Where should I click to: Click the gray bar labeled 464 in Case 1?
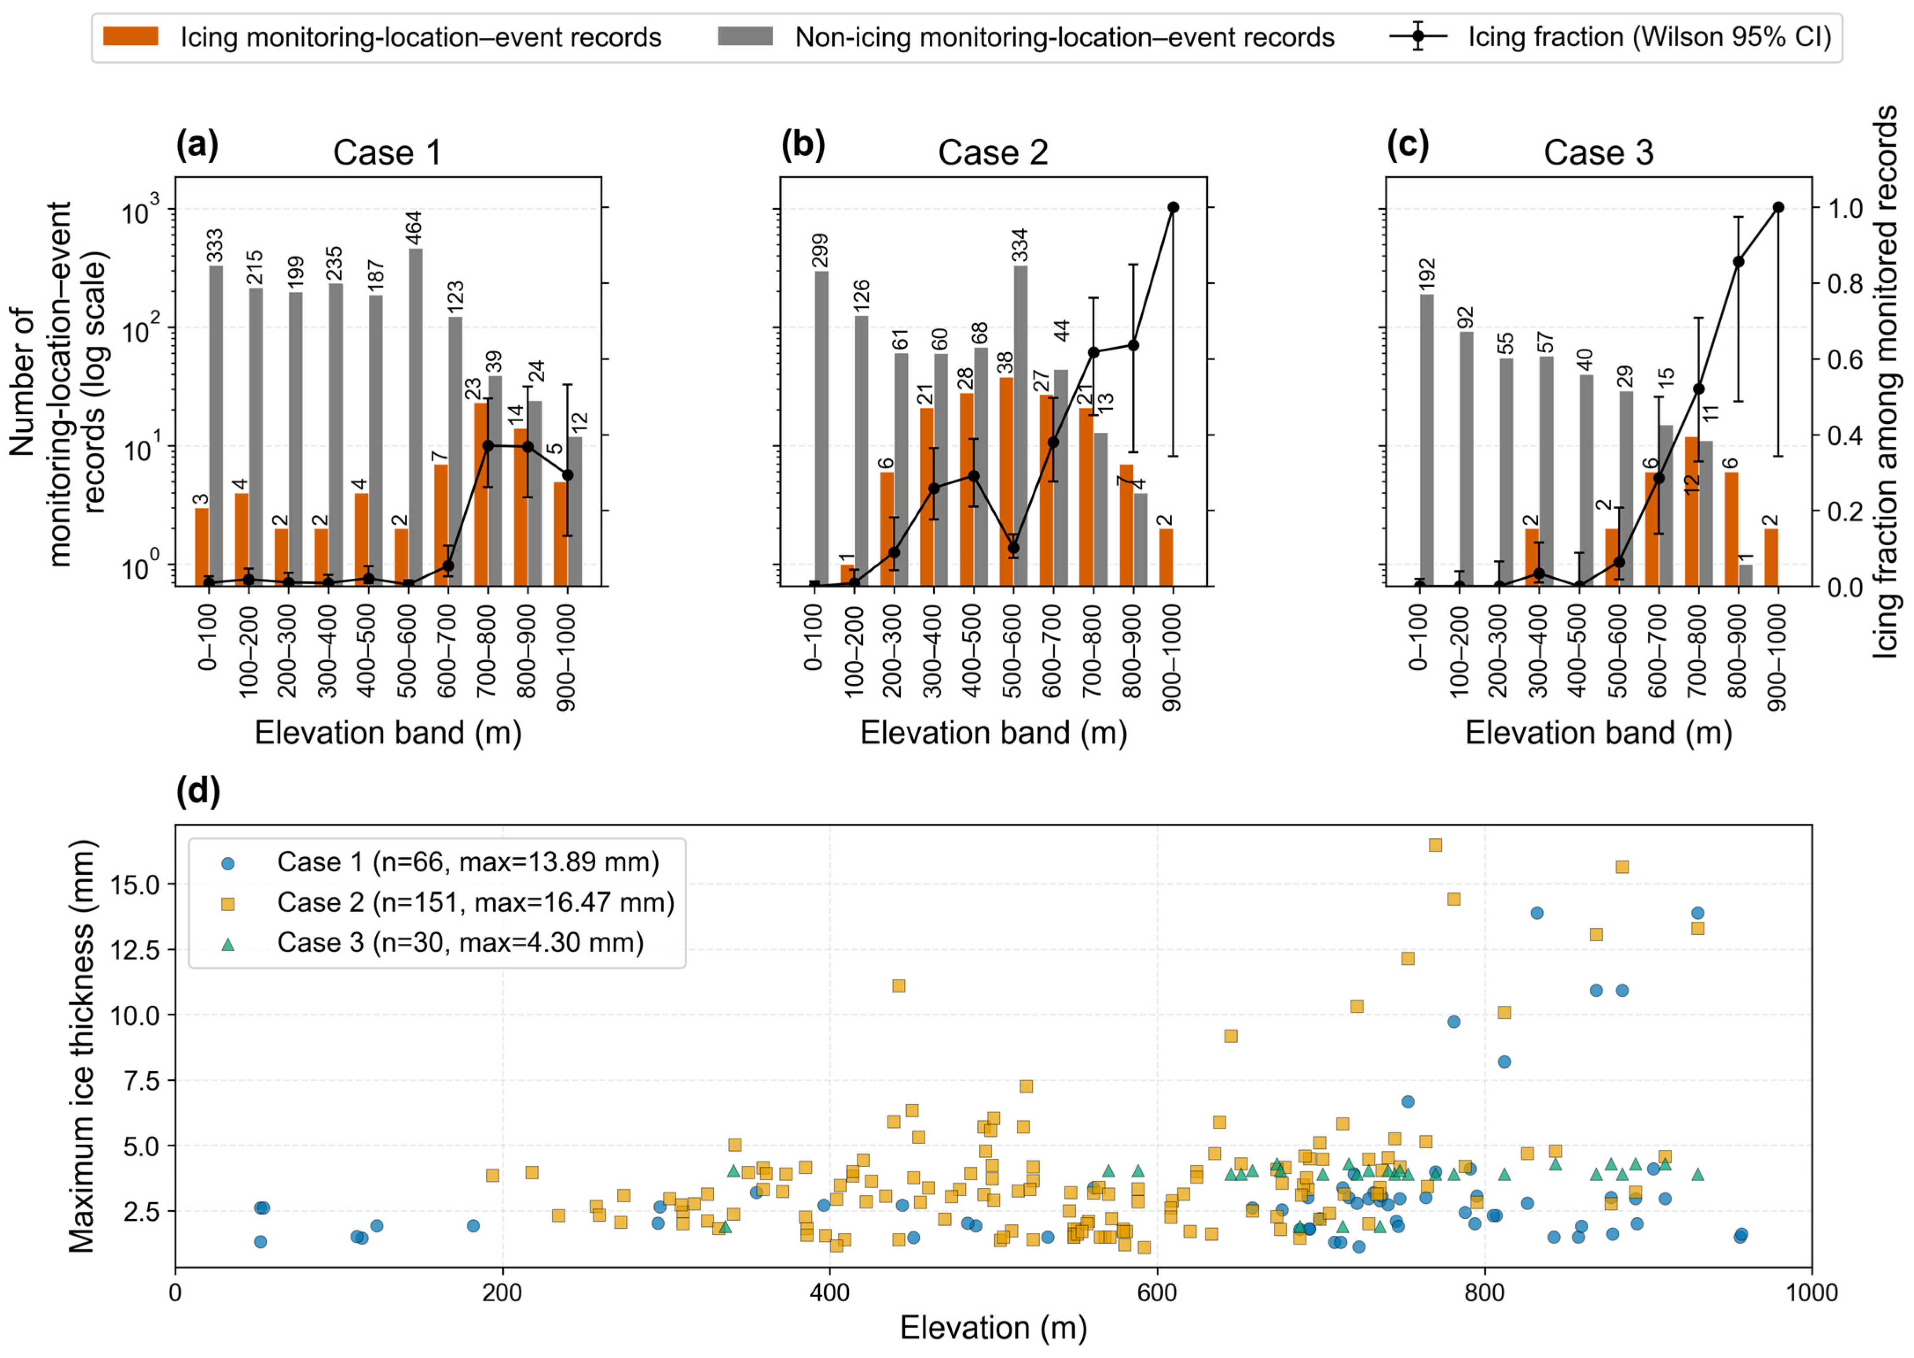click(x=416, y=417)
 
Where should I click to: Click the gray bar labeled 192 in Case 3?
click(x=1426, y=440)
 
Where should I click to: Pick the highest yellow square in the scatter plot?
click(x=1435, y=844)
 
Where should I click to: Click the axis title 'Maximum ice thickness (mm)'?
click(x=82, y=1045)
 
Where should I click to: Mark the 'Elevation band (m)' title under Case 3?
click(x=1599, y=734)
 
